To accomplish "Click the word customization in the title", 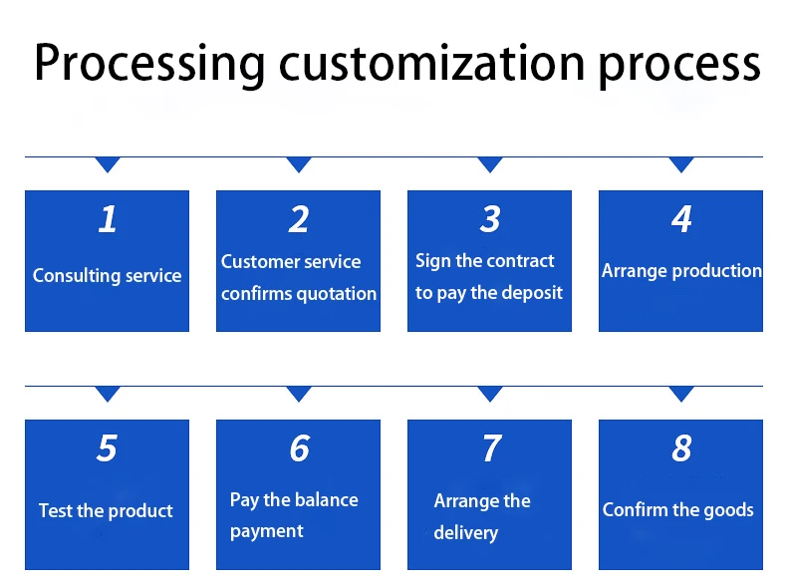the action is point(431,63).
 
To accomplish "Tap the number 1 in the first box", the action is point(108,219).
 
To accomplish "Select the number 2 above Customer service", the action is point(299,219).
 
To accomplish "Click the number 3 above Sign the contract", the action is point(490,219).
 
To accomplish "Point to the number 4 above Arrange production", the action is point(681,219).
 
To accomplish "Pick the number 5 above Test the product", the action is point(107,447).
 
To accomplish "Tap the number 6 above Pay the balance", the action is point(300,447).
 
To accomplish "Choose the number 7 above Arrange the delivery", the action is point(491,447).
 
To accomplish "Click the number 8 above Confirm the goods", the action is point(681,447).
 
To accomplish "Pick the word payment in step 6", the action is point(267,531).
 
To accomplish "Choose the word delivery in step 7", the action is point(466,533).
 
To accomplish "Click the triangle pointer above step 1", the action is point(108,163).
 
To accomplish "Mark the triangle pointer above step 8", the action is point(681,394).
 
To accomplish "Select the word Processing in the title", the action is point(149,64).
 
